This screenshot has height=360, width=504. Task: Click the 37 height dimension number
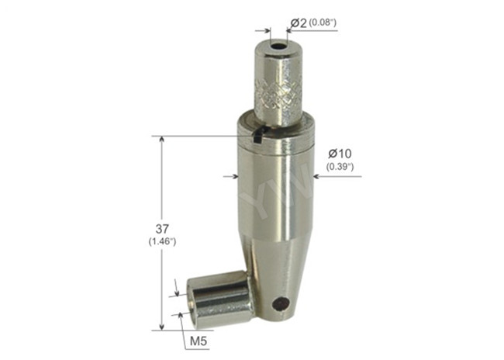click(x=162, y=229)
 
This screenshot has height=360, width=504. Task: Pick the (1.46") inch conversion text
click(x=162, y=242)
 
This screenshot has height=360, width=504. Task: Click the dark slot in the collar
click(x=259, y=136)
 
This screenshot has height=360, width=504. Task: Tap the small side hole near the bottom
click(x=281, y=303)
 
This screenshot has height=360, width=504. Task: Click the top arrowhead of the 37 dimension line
click(x=161, y=140)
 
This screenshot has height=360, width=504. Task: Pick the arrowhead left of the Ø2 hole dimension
click(x=267, y=33)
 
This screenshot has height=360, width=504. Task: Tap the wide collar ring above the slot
click(x=275, y=122)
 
